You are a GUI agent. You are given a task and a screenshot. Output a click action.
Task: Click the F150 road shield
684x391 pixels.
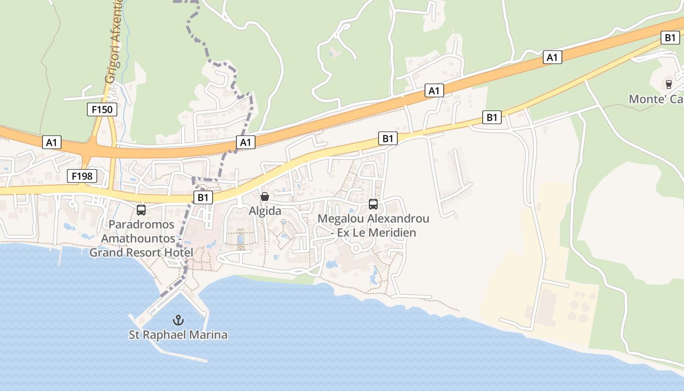coord(102,109)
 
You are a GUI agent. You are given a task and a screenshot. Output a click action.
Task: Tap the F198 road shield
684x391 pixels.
coord(82,176)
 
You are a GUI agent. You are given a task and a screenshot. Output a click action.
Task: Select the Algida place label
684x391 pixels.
coord(265,211)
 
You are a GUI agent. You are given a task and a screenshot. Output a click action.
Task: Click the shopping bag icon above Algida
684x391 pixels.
coord(265,196)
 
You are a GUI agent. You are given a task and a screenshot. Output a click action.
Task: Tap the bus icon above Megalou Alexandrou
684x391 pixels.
coord(373,204)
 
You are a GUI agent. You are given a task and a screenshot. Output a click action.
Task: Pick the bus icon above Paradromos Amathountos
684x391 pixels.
coord(141,210)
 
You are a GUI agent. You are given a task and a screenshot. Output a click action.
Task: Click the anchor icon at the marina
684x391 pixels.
coord(178,321)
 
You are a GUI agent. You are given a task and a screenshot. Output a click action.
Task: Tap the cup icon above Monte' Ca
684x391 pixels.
coord(669,85)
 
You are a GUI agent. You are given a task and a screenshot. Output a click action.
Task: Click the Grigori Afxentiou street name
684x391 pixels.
coord(113,42)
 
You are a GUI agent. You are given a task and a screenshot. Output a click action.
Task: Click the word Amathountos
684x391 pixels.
coord(138,239)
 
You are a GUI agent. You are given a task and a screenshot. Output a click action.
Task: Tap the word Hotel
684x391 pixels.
coord(178,253)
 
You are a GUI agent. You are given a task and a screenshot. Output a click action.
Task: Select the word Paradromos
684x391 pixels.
coord(141,224)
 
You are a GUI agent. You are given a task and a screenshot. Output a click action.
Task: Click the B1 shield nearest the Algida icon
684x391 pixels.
coord(204,197)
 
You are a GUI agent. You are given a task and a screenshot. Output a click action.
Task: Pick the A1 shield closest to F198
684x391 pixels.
coord(52,143)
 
